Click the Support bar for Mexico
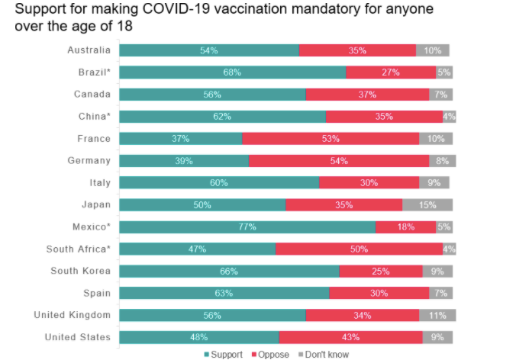[247, 227]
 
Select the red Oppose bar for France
[331, 139]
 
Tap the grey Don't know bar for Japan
[427, 205]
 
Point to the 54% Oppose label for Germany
[339, 161]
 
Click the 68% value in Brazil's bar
[232, 72]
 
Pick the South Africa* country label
[79, 249]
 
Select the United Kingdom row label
[72, 315]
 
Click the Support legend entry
[223, 355]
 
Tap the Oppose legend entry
[270, 355]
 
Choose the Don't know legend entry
[324, 355]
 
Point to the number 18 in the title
[124, 26]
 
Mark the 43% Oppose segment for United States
[351, 337]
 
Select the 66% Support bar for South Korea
[229, 272]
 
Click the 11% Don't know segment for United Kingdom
[437, 316]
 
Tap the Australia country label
[89, 50]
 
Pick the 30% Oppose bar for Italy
[369, 183]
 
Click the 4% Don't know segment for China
[449, 117]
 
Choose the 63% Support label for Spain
[224, 293]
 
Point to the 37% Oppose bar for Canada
[367, 95]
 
